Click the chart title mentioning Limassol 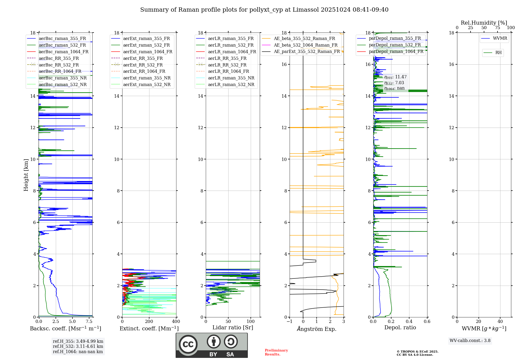(264, 10)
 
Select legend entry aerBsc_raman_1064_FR (63, 52)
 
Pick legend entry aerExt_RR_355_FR (143, 58)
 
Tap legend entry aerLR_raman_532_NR (231, 85)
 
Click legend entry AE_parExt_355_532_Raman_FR (307, 52)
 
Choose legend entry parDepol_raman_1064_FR (396, 52)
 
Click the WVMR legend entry (500, 38)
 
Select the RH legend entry (498, 53)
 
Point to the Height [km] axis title (26, 175)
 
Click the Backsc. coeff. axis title (65, 328)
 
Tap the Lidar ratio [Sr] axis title (233, 327)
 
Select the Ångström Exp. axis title (317, 329)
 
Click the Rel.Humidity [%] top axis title (484, 23)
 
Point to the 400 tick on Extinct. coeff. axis (176, 322)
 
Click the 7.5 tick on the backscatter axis (89, 322)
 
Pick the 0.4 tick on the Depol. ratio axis (409, 322)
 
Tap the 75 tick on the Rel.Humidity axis (498, 28)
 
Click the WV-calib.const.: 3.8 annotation (470, 341)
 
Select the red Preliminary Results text (276, 352)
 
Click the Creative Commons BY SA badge (212, 345)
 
